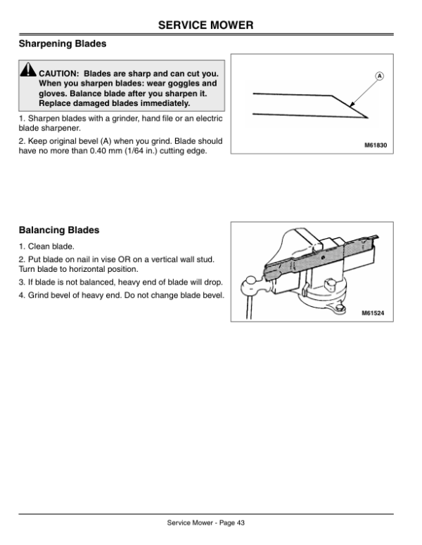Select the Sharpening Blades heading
click(62, 44)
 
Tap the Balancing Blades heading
click(58, 230)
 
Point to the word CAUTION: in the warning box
click(60, 72)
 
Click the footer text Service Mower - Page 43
click(205, 522)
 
